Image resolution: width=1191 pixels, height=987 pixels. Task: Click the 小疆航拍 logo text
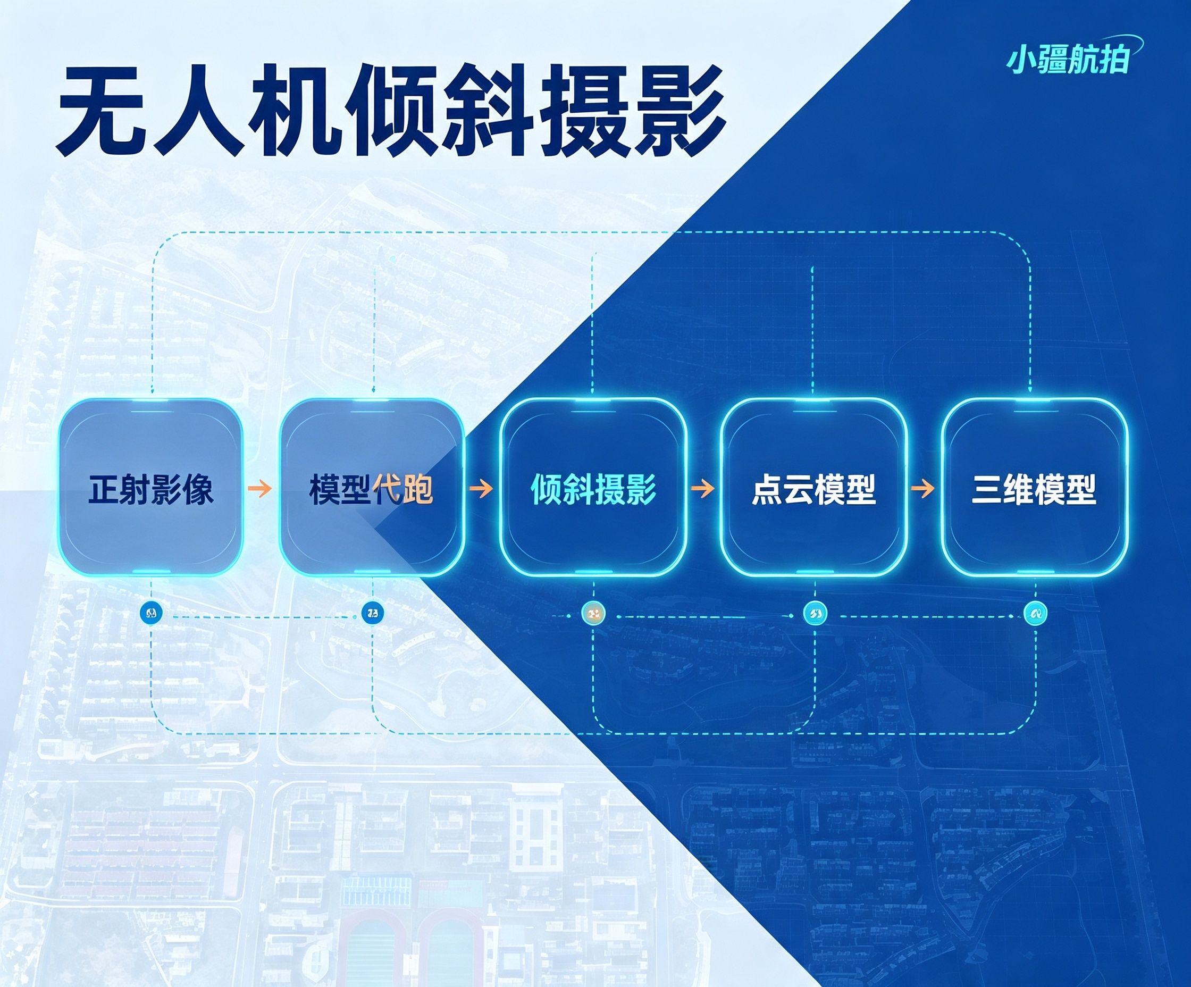pos(1069,60)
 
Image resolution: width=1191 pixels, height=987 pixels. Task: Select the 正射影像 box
pos(152,487)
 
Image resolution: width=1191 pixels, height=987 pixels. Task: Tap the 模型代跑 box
pos(372,487)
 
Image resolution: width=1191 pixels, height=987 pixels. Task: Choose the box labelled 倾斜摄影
pos(593,487)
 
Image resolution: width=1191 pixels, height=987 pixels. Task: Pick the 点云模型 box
pos(814,487)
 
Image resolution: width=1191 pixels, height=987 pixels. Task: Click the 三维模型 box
pos(1035,487)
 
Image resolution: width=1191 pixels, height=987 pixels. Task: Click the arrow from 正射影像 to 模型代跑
pos(261,488)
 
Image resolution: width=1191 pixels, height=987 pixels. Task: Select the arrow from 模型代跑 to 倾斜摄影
pos(481,488)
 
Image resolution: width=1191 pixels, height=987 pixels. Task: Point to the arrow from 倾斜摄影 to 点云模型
pos(703,488)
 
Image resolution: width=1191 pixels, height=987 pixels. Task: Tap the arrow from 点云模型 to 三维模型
pos(922,488)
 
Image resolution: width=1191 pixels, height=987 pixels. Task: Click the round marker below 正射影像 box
pos(152,613)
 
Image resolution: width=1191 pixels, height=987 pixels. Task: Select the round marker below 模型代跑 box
pos(372,613)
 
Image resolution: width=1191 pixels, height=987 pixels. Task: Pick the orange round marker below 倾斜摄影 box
pos(594,613)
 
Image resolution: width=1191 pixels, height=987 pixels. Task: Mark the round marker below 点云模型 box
pos(816,613)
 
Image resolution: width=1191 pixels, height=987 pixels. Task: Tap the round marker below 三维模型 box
pos(1036,613)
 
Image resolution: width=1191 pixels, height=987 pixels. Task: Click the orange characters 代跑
pos(403,488)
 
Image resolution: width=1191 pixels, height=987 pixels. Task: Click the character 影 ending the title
pos(680,111)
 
